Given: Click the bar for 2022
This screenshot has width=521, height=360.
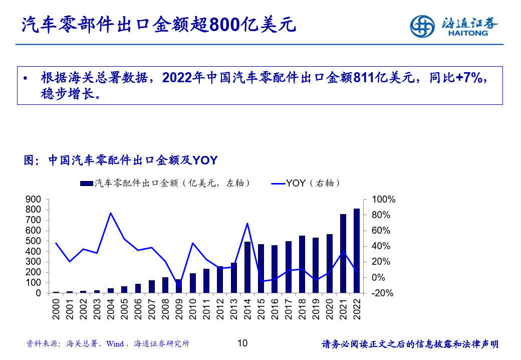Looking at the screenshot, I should point(357,251).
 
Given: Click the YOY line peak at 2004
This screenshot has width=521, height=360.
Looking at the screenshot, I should point(111,213).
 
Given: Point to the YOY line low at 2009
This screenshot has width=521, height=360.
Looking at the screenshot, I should point(179,286).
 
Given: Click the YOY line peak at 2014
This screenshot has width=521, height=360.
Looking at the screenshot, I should point(247,223).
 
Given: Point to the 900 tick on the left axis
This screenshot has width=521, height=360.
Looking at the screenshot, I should point(34,199).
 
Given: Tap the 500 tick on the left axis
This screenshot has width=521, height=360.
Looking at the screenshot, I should point(34,241).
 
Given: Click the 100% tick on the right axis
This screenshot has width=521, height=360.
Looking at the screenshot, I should point(384,200).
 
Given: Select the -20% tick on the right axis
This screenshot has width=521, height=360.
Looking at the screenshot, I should point(384,293).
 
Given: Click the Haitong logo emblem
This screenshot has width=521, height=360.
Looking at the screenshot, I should point(422,26).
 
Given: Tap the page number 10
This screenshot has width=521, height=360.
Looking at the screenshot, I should point(242,343).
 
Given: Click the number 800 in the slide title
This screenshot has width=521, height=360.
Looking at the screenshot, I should point(224,25).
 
